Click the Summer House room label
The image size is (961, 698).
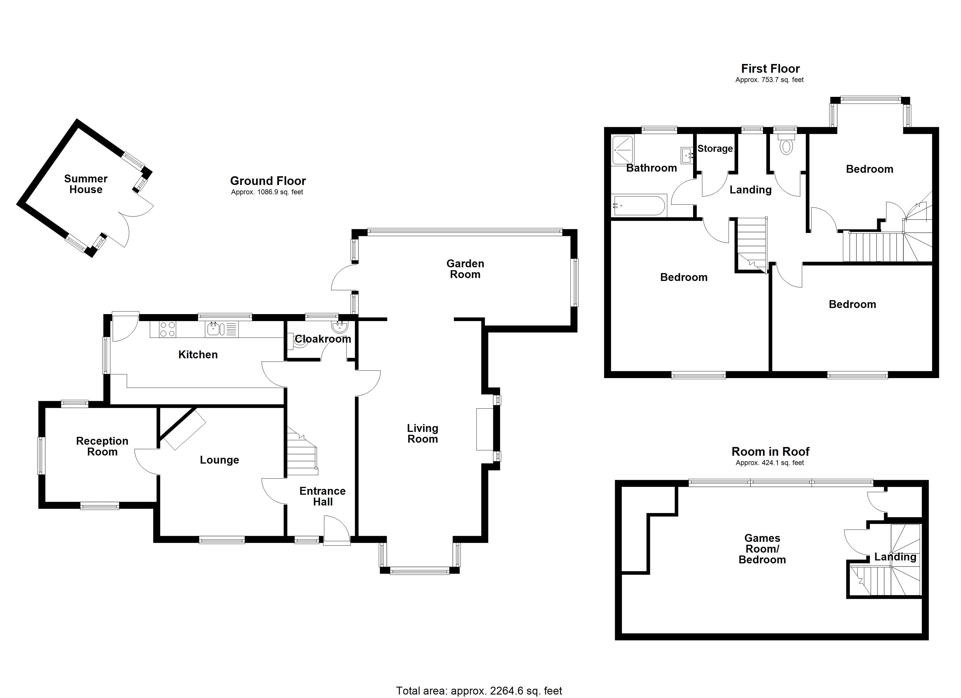(x=86, y=184)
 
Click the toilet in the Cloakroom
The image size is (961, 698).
(x=300, y=341)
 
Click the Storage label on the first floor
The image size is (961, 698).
(x=715, y=149)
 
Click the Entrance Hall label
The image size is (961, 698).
(x=322, y=496)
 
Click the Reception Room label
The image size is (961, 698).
(x=102, y=446)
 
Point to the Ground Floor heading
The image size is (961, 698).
(x=268, y=181)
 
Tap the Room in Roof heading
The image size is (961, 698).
(x=770, y=452)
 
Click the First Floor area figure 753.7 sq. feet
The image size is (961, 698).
(x=769, y=80)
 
